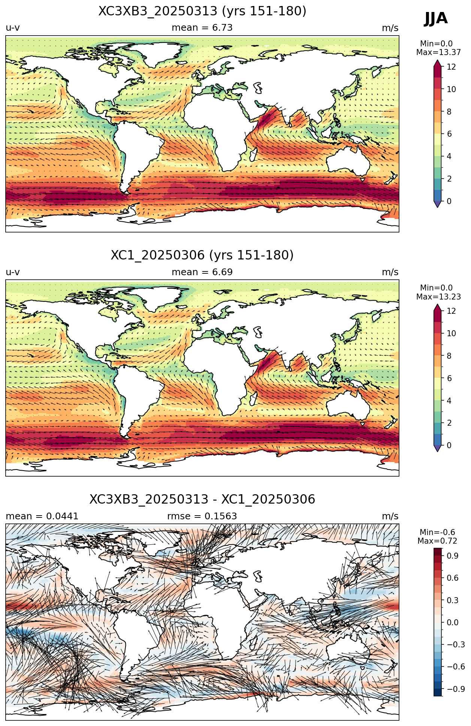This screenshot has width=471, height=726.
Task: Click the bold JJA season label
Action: pyautogui.click(x=436, y=18)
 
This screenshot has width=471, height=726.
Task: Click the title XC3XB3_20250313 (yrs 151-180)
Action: pyautogui.click(x=202, y=11)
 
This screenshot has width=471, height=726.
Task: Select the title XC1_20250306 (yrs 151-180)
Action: pyautogui.click(x=202, y=255)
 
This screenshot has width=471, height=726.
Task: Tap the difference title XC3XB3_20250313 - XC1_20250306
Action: pyautogui.click(x=202, y=499)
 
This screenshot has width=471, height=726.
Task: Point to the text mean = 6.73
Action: pyautogui.click(x=202, y=28)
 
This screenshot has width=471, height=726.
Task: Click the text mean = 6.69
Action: pyautogui.click(x=202, y=272)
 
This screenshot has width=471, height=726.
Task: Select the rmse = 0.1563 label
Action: pyautogui.click(x=202, y=516)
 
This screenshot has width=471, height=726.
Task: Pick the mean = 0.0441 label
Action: pyautogui.click(x=42, y=516)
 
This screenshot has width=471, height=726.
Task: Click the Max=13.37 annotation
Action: pyautogui.click(x=438, y=52)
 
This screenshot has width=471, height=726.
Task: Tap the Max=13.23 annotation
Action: pyautogui.click(x=438, y=297)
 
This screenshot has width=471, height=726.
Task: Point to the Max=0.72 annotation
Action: pyautogui.click(x=437, y=541)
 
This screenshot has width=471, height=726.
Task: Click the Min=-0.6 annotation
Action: pyautogui.click(x=437, y=532)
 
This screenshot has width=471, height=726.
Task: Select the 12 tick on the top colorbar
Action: pyautogui.click(x=451, y=67)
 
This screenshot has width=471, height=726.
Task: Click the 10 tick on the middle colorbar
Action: pyautogui.click(x=451, y=334)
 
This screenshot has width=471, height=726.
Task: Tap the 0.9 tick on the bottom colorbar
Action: pyautogui.click(x=453, y=556)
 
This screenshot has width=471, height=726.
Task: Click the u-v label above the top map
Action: pyautogui.click(x=13, y=28)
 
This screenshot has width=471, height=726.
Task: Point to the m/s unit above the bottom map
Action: pyautogui.click(x=390, y=516)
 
